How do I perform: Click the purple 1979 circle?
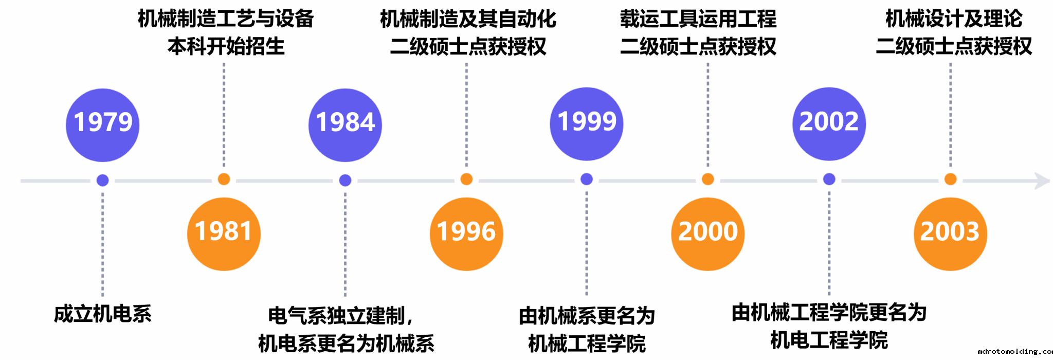(x=103, y=125)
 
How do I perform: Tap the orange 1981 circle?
(x=224, y=234)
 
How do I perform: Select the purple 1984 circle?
(x=345, y=125)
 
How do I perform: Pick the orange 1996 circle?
(x=466, y=234)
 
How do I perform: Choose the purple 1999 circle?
(x=587, y=124)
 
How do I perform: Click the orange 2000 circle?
(x=708, y=234)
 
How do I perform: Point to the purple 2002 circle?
(x=829, y=124)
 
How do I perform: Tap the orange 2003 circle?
(x=950, y=234)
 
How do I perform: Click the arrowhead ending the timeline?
(x=1043, y=181)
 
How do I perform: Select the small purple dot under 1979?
(x=103, y=180)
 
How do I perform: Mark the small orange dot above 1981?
(x=224, y=179)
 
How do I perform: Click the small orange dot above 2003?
(x=950, y=179)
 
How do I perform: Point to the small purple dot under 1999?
(x=587, y=179)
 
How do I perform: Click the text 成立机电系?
(x=103, y=314)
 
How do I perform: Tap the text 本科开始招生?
(x=226, y=46)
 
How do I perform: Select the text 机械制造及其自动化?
(x=468, y=19)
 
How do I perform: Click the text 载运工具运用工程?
(x=698, y=19)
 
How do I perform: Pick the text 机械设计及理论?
(x=954, y=19)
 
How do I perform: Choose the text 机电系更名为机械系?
(x=346, y=343)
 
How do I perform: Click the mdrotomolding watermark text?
(x=1015, y=351)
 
